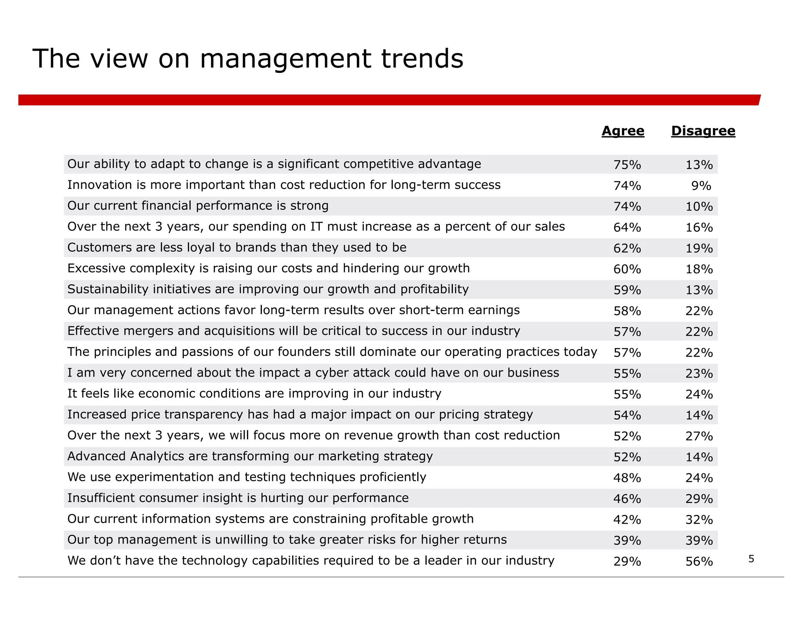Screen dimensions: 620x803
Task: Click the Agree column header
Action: pos(623,131)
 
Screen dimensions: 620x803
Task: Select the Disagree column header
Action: pos(703,131)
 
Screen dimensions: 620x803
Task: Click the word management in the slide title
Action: pos(285,60)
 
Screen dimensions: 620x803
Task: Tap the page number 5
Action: pos(751,559)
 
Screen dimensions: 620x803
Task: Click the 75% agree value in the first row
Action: pos(627,165)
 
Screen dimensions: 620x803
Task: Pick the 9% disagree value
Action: pos(701,186)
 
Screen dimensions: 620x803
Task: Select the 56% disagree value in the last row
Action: pos(699,562)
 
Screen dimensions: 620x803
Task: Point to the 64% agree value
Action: pos(627,227)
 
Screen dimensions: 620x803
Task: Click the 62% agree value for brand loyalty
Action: pos(627,248)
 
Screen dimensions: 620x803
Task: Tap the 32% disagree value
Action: pos(699,520)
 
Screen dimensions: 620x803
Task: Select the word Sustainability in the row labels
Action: pos(108,289)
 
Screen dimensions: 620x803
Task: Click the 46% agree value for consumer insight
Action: pos(627,499)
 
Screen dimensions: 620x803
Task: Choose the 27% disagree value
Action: pos(699,436)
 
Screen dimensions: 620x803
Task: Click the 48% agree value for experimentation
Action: pos(627,478)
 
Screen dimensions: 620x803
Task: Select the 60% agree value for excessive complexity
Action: pos(627,269)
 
